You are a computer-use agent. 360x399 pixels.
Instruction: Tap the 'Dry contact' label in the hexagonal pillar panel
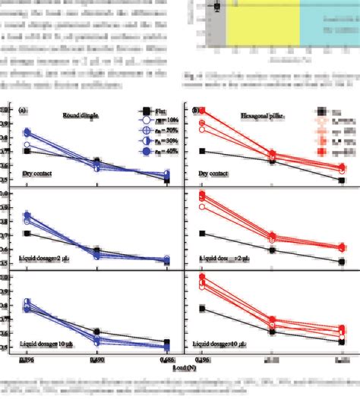pyautogui.click(x=215, y=175)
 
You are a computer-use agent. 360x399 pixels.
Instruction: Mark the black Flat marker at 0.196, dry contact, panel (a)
pyautogui.click(x=27, y=151)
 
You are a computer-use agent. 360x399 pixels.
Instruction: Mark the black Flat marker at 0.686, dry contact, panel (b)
pyautogui.click(x=342, y=180)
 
